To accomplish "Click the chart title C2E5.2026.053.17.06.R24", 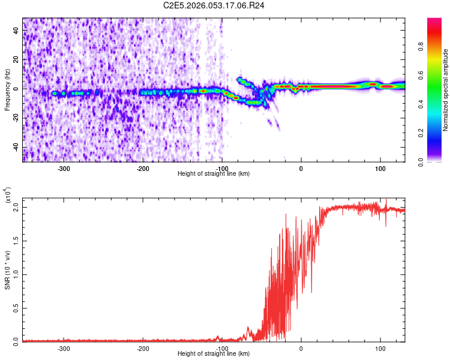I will pyautogui.click(x=214, y=5).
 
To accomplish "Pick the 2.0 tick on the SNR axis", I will pyautogui.click(x=16, y=207).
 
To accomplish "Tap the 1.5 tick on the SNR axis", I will pyautogui.click(x=16, y=241).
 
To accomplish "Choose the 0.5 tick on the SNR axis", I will pyautogui.click(x=16, y=307).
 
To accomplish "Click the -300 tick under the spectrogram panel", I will pyautogui.click(x=64, y=169).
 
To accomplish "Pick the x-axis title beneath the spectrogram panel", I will pyautogui.click(x=214, y=174).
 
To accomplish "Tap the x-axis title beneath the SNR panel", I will pyautogui.click(x=214, y=354).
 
